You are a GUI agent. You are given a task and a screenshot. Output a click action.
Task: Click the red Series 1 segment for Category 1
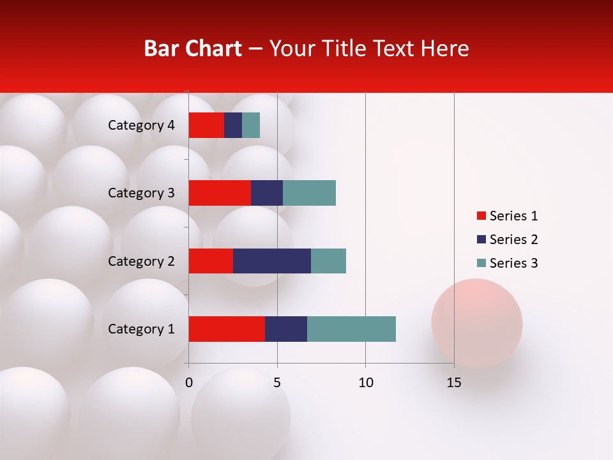pos(227,329)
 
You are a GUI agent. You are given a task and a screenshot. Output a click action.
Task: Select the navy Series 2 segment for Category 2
pos(272,261)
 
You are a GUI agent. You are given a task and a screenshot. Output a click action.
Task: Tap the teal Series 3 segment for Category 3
pos(309,193)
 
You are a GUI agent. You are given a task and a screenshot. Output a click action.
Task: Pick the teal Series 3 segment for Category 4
pos(251,125)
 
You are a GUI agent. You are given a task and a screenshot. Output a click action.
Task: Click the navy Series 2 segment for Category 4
pos(233,125)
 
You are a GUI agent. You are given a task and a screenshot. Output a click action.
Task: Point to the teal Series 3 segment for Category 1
pos(351,329)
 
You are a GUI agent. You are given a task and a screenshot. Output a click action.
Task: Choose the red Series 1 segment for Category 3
pos(220,193)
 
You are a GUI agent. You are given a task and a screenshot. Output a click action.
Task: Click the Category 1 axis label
pos(141,329)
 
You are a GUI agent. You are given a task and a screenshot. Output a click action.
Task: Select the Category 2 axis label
pos(141,261)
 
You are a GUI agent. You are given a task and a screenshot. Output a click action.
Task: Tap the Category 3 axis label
pos(141,193)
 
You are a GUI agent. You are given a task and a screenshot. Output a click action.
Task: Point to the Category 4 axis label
pos(141,125)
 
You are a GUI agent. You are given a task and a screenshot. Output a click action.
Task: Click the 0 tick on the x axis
pos(189,383)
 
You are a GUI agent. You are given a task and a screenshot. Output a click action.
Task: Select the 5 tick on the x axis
pos(277,383)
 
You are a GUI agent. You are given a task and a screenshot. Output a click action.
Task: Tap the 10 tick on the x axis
pos(365,383)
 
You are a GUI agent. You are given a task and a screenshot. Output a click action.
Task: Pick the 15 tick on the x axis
pos(454,383)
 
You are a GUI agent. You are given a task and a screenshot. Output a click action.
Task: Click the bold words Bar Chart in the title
pos(193,49)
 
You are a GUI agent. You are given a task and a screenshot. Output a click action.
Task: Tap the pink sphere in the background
pos(477,323)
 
